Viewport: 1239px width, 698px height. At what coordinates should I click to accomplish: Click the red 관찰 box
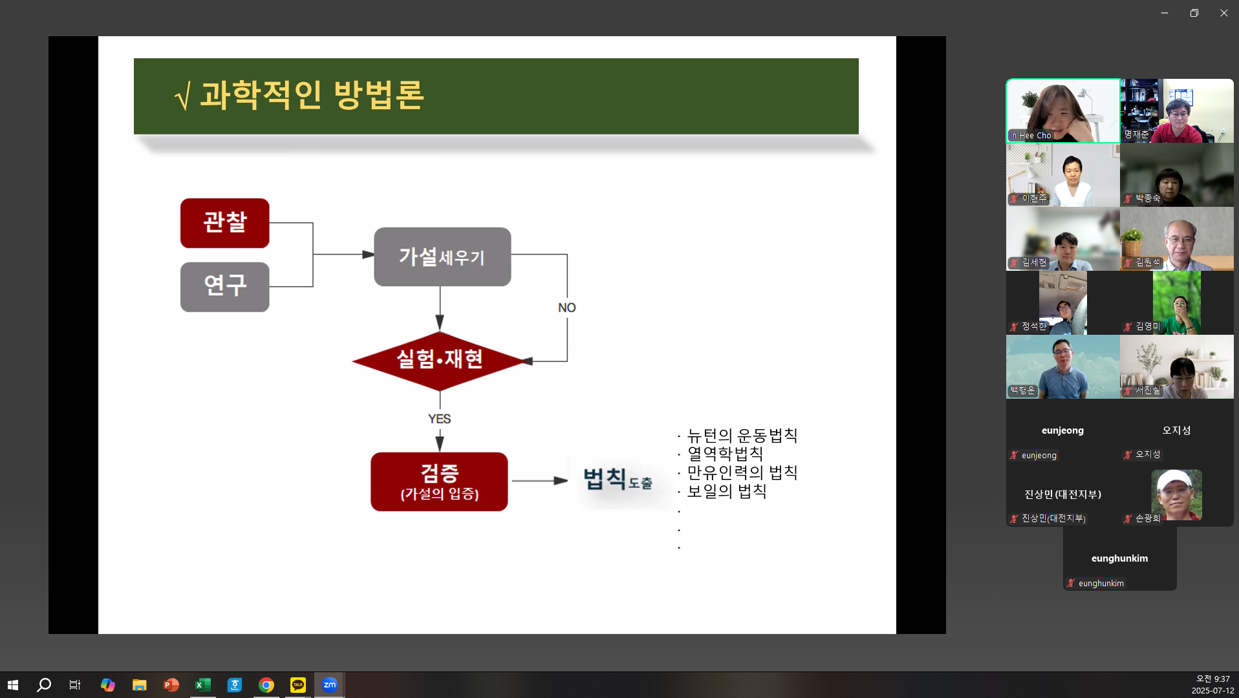tap(224, 223)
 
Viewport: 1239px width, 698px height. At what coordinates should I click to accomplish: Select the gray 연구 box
tap(224, 286)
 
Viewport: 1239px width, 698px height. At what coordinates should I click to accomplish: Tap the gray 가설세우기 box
tap(442, 257)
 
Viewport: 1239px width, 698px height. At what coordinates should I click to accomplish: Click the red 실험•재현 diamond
tap(440, 360)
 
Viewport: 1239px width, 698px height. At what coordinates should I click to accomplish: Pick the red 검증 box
tap(439, 481)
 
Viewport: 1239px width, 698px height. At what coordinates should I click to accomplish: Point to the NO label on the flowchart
tap(566, 308)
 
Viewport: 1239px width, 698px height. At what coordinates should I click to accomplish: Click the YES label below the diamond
tap(439, 419)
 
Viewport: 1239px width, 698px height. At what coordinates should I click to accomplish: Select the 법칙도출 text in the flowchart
tap(618, 480)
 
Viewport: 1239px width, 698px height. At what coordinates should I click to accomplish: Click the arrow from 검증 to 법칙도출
tap(539, 481)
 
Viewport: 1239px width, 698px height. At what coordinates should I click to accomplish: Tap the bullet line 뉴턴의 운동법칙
tap(742, 436)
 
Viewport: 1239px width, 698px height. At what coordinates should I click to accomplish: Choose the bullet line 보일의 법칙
tap(726, 491)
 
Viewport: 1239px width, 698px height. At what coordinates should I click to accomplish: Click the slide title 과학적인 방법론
tap(312, 96)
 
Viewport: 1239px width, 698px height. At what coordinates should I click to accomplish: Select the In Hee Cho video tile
tap(1062, 111)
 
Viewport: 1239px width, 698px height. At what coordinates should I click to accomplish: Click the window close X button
tap(1223, 13)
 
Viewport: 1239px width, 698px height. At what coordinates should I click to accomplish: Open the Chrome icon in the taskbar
tap(266, 685)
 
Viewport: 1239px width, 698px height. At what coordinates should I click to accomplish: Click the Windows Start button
tap(13, 685)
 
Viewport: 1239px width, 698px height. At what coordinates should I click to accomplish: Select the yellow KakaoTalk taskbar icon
tap(298, 685)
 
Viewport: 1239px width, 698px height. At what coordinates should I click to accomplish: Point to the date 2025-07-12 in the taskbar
tap(1212, 690)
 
